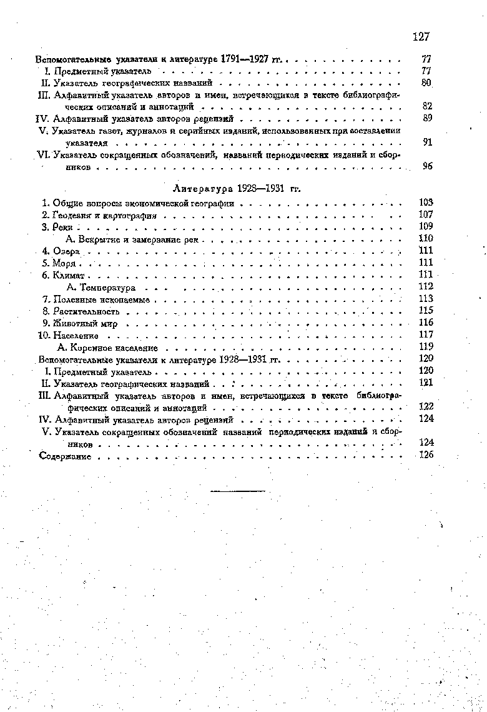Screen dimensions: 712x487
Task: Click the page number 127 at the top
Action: tap(421, 37)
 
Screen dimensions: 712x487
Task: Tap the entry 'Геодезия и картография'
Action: tap(105, 215)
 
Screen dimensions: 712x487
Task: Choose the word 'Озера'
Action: tap(66, 251)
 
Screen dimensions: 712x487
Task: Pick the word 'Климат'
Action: tap(69, 275)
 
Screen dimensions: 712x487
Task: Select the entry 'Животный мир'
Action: tap(86, 323)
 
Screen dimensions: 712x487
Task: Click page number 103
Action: tap(426, 203)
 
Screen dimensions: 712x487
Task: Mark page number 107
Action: tap(426, 214)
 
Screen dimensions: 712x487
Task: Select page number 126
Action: tap(426, 455)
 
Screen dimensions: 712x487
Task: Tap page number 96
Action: tap(427, 167)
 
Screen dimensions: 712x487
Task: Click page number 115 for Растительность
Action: tap(426, 311)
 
